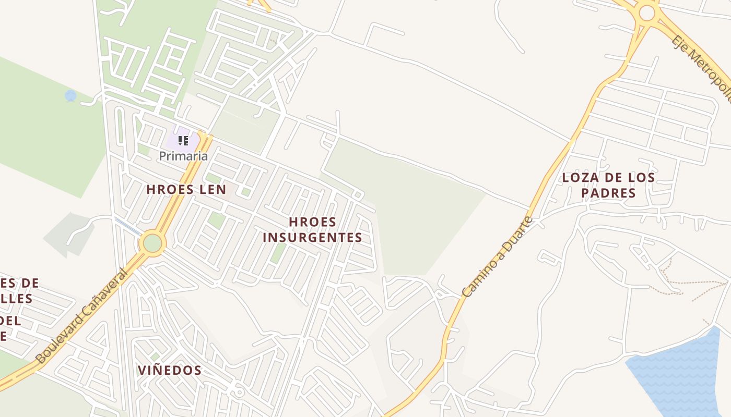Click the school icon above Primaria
183,140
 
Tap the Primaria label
183,156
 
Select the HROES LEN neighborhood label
186,189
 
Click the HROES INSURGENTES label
312,230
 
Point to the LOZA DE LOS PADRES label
608,185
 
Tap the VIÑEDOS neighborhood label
170,370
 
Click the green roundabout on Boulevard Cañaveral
152,243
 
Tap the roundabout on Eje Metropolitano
646,13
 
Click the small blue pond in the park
70,96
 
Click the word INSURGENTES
312,238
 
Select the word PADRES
608,193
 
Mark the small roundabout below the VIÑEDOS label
239,392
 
